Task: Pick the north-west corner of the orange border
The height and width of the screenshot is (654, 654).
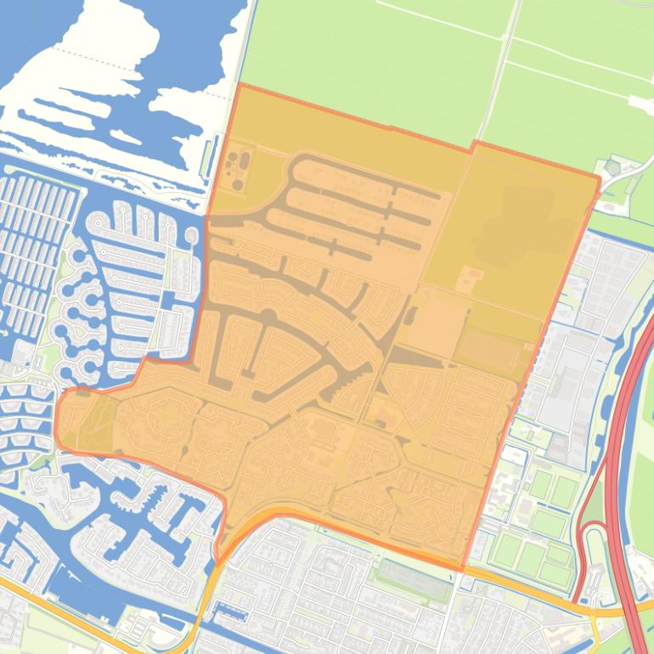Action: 241,84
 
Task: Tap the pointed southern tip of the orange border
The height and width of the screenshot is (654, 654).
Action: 217,563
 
